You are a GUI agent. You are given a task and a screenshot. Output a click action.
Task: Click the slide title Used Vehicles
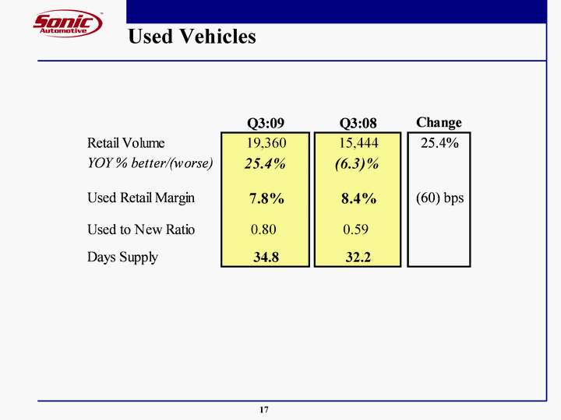coord(191,37)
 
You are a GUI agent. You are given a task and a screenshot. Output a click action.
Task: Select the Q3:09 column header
coord(266,123)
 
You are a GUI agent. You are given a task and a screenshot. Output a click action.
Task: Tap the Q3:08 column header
coord(358,123)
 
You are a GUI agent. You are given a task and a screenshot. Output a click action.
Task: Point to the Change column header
coord(439,122)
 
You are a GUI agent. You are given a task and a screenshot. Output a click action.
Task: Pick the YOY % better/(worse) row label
coord(150,163)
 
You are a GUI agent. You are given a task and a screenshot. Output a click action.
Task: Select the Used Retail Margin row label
coord(141,198)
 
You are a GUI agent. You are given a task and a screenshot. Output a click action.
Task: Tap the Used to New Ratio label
coord(141,229)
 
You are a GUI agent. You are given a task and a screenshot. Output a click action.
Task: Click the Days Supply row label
coord(122,257)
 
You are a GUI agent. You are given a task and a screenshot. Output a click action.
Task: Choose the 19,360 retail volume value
coord(266,143)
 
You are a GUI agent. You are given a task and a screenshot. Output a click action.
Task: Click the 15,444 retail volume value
coord(358,143)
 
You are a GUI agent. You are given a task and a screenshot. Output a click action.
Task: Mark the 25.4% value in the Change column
coord(439,143)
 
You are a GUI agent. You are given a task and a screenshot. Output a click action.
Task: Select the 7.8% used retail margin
coord(266,199)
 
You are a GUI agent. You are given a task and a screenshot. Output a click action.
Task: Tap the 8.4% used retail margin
coord(358,199)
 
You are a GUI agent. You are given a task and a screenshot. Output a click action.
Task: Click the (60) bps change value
coord(439,198)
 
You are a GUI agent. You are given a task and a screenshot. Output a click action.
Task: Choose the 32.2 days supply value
coord(358,257)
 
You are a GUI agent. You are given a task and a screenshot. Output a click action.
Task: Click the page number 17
coord(264,410)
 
